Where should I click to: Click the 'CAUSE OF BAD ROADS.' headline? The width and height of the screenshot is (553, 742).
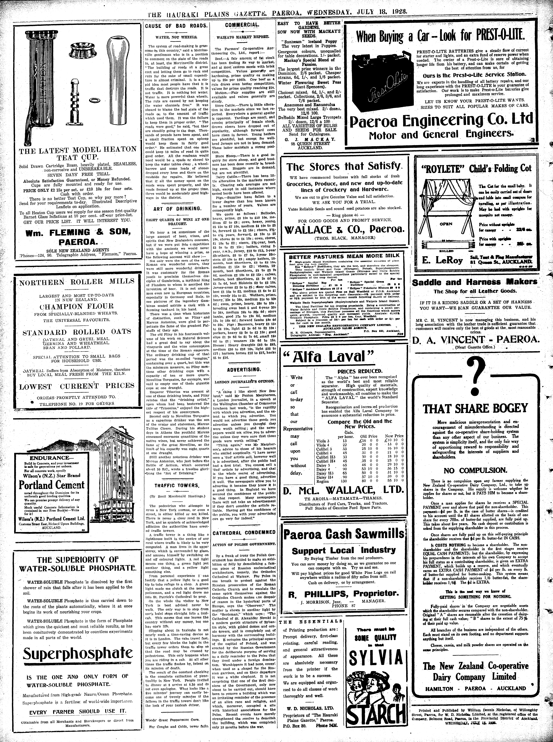[x=176, y=26]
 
